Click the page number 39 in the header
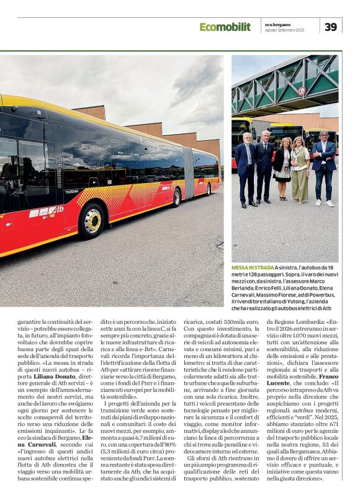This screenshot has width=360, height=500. [331, 26]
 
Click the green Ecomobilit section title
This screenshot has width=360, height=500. [225, 27]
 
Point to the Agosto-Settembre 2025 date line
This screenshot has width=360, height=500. [284, 30]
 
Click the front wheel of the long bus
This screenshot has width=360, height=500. [91, 220]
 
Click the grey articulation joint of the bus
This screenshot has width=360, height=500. [189, 173]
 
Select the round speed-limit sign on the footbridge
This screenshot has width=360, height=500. [302, 91]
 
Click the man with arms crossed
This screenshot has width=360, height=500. [323, 167]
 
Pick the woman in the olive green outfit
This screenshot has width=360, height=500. [299, 171]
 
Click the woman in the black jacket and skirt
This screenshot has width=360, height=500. [283, 169]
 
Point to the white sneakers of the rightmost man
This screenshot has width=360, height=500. [323, 203]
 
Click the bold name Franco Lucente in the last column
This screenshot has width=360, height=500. [321, 377]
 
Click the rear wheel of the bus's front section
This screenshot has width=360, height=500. [177, 198]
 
